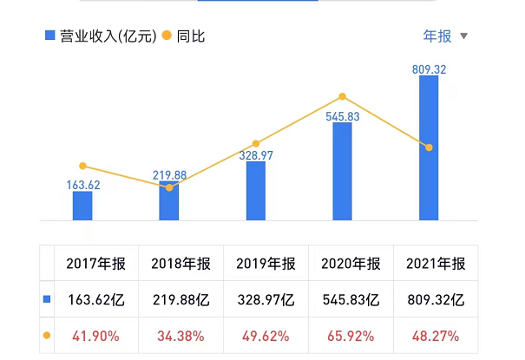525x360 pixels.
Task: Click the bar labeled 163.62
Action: pos(82,206)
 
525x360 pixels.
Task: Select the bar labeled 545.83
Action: pos(343,171)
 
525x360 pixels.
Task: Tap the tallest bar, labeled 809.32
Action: pos(429,147)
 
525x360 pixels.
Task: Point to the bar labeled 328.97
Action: pos(256,190)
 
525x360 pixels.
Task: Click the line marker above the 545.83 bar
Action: pos(343,96)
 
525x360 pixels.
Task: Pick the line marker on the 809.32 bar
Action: pos(429,147)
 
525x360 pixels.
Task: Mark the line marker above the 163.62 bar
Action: pos(82,166)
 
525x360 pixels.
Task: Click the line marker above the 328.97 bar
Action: pos(256,144)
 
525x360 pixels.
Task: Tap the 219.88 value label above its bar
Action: pos(169,175)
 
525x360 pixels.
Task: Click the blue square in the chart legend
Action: pos(49,36)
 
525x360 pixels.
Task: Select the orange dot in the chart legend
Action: pos(167,36)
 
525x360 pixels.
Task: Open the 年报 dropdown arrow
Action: pos(463,36)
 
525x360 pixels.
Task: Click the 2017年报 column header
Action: pos(95,265)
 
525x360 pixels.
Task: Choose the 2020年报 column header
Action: pos(351,265)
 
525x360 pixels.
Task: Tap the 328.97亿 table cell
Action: pos(266,300)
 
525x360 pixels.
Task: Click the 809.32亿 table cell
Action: pos(436,300)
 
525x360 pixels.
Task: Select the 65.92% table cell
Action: pos(351,335)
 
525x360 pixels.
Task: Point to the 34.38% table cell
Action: pos(180,335)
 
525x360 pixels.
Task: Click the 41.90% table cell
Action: pos(95,335)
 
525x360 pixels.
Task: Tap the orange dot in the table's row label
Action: pos(47,335)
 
